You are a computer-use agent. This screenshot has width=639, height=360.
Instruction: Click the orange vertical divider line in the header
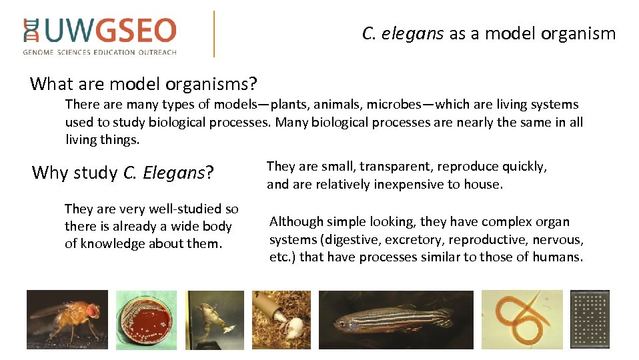(x=214, y=33)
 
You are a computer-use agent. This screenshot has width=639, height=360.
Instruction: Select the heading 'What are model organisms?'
(x=144, y=84)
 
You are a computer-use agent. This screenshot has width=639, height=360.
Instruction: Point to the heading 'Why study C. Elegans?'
(x=123, y=173)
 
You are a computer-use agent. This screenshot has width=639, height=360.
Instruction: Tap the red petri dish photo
(x=146, y=320)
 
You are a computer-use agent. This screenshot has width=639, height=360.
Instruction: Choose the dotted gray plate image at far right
(x=590, y=320)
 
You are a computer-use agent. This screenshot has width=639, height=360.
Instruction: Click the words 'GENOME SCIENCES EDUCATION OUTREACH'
(x=99, y=52)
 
